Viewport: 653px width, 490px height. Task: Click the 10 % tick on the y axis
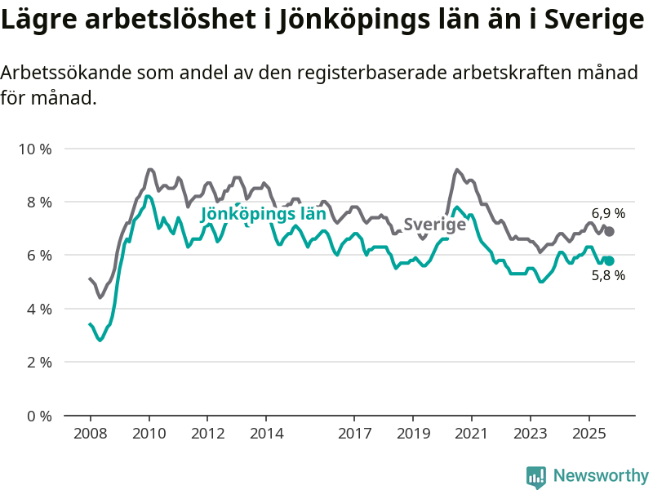(x=34, y=149)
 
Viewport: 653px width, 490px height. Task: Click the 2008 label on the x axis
(x=90, y=431)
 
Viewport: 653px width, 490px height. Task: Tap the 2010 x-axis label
(x=149, y=431)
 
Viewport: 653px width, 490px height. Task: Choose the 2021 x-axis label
(x=472, y=431)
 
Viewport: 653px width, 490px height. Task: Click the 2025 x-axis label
(x=589, y=431)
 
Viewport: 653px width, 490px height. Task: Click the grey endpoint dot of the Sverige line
(x=609, y=232)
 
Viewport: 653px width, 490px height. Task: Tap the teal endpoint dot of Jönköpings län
(x=609, y=261)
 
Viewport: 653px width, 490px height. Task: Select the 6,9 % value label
(x=608, y=213)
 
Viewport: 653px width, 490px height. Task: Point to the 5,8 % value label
(x=608, y=276)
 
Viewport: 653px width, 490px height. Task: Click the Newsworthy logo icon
(x=536, y=476)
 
